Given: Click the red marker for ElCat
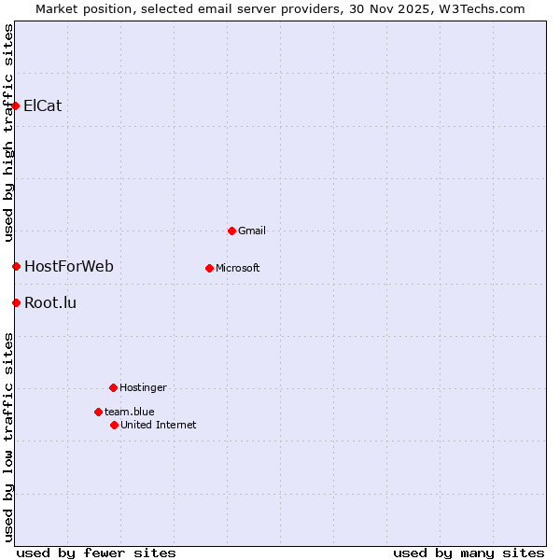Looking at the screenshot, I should click(x=16, y=105).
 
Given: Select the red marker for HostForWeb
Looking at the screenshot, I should click(x=16, y=267).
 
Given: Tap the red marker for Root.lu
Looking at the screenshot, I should click(x=16, y=302).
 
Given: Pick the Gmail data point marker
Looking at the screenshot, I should click(x=231, y=231).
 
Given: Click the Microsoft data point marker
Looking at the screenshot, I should click(x=209, y=268).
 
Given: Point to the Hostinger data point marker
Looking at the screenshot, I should click(x=113, y=387).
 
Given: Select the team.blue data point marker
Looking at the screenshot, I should click(x=98, y=412).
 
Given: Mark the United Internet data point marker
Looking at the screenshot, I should click(x=114, y=425).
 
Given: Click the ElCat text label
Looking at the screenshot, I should click(x=43, y=105).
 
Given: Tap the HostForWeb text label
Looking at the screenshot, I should click(x=69, y=267).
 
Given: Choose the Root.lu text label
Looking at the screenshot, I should click(x=50, y=302).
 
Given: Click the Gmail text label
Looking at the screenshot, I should click(x=252, y=231).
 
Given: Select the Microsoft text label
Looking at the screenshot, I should click(x=238, y=268).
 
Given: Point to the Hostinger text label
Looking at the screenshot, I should click(x=143, y=387).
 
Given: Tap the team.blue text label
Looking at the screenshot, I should click(x=130, y=412).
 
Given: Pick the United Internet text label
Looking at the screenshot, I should click(x=159, y=425).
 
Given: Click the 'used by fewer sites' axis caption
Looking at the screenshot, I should click(x=96, y=553).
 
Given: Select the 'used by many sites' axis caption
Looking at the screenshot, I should click(x=469, y=553).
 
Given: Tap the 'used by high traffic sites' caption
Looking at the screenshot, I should click(x=8, y=133).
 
